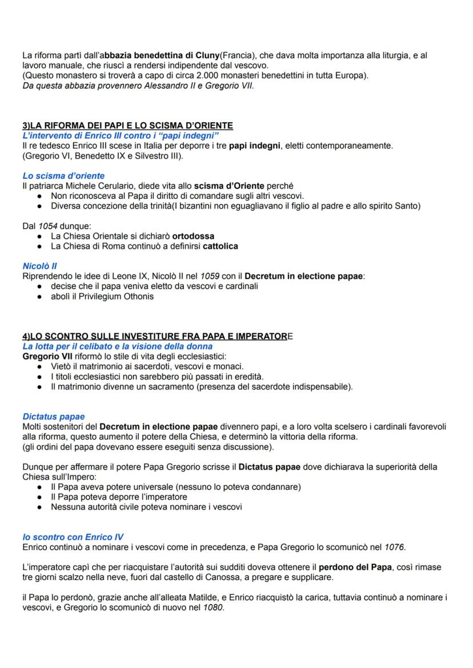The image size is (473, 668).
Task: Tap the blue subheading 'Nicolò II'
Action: click(x=39, y=266)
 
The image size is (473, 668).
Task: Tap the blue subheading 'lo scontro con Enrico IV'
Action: click(x=73, y=537)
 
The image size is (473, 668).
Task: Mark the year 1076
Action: click(x=394, y=547)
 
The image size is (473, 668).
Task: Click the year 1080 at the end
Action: click(x=214, y=608)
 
